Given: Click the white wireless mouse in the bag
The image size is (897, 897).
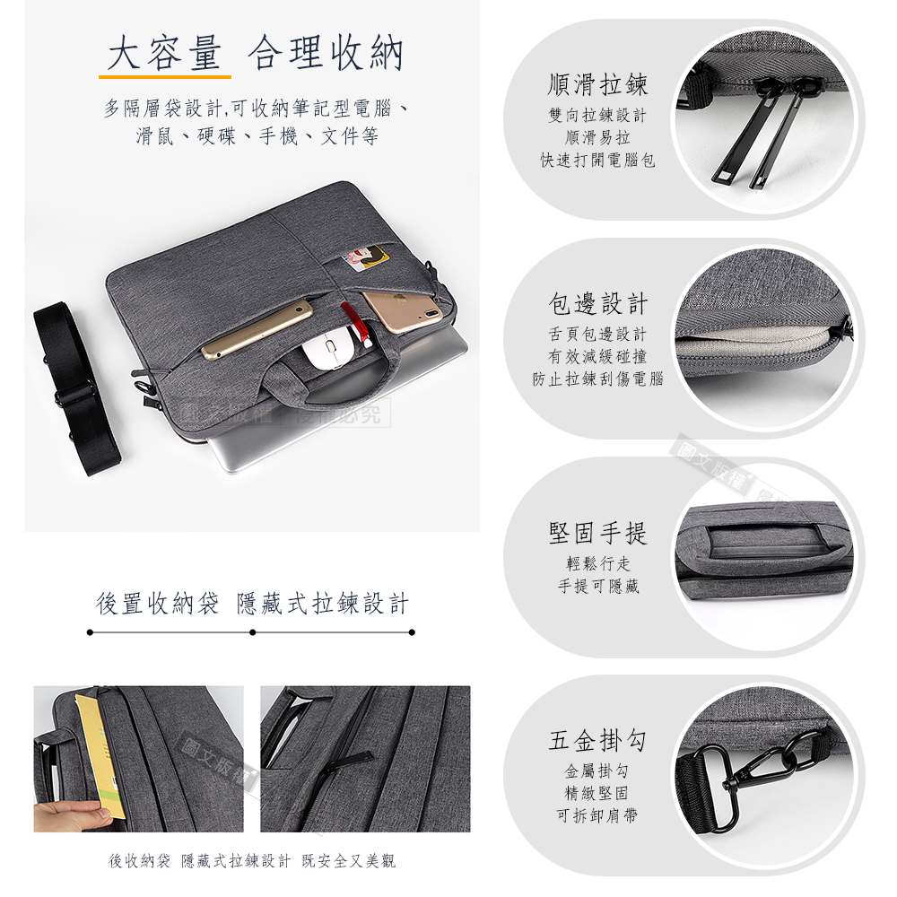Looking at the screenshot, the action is [x=330, y=349].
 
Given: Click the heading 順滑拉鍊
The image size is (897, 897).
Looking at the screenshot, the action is [x=597, y=84].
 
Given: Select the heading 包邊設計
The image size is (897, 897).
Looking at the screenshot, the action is [x=597, y=304].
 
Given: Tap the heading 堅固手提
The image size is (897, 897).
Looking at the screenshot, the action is [x=597, y=533].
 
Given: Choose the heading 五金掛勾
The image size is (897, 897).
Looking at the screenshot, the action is [x=597, y=740].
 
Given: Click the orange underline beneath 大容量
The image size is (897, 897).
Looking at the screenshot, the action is [x=165, y=76].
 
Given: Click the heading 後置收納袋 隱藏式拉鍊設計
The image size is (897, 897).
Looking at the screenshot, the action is [x=252, y=604].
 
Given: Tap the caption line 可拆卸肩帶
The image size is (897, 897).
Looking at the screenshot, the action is [x=597, y=815].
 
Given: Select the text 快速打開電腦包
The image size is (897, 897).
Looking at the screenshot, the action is [x=597, y=161].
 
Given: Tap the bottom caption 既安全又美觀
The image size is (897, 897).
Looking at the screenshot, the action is [x=348, y=860].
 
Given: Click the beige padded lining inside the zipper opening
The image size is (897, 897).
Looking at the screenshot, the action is [x=754, y=344].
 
